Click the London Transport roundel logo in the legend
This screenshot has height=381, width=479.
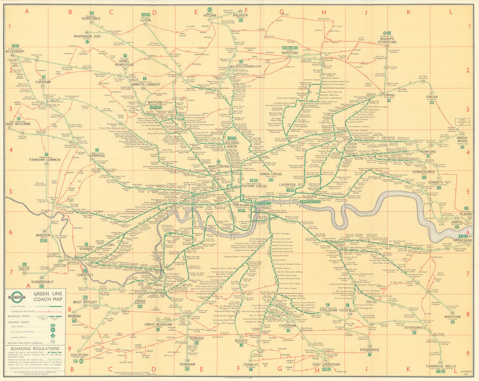tap(17, 296)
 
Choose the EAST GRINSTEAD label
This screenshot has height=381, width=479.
tap(327, 365)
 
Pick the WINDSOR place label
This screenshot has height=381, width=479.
tap(43, 235)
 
